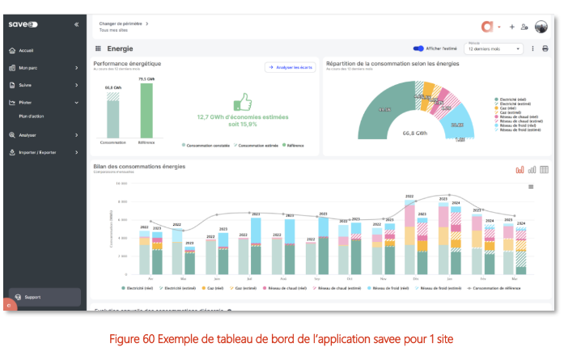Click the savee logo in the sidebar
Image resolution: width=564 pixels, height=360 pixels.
[23, 24]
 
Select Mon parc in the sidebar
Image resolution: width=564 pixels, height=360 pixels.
[28, 67]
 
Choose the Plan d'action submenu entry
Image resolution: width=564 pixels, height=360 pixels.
[32, 116]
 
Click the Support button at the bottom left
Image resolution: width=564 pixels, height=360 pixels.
[32, 297]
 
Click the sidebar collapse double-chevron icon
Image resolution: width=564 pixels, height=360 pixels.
[77, 24]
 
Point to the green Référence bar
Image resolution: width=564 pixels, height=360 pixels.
[146, 110]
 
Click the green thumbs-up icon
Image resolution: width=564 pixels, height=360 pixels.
[242, 101]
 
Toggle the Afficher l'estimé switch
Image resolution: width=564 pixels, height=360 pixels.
[419, 49]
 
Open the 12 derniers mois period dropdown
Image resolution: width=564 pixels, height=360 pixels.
[494, 49]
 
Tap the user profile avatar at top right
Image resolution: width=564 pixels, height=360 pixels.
[541, 26]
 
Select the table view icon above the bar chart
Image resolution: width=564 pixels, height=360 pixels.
[544, 170]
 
